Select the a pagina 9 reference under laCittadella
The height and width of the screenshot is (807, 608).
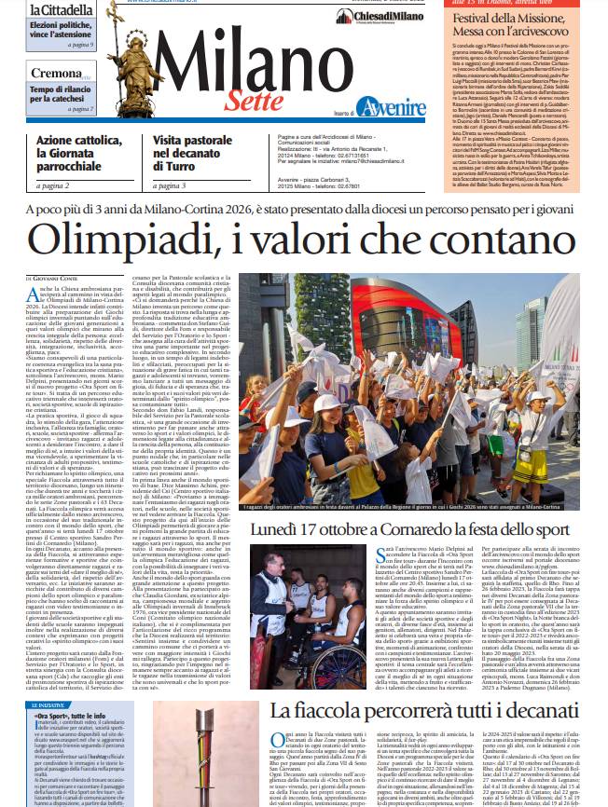tap(80, 45)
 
